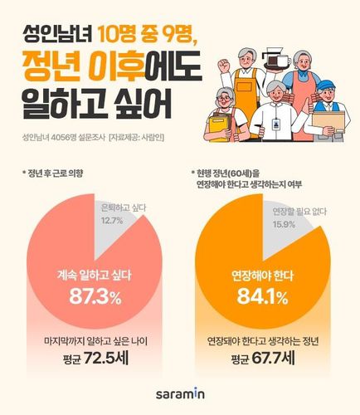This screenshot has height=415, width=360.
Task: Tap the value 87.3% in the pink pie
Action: coord(85,296)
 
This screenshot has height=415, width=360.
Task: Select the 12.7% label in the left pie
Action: coord(110,243)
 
